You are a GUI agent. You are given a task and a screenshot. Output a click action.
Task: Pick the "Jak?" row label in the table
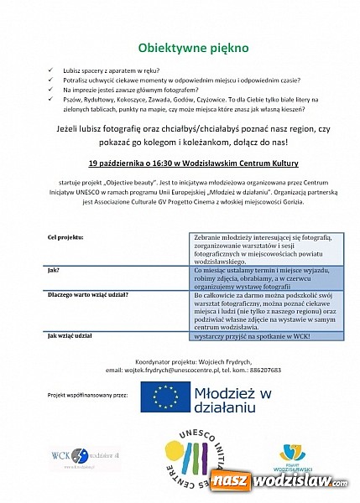[x=54, y=272]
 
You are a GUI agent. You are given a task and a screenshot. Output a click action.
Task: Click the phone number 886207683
[x=289, y=369]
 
